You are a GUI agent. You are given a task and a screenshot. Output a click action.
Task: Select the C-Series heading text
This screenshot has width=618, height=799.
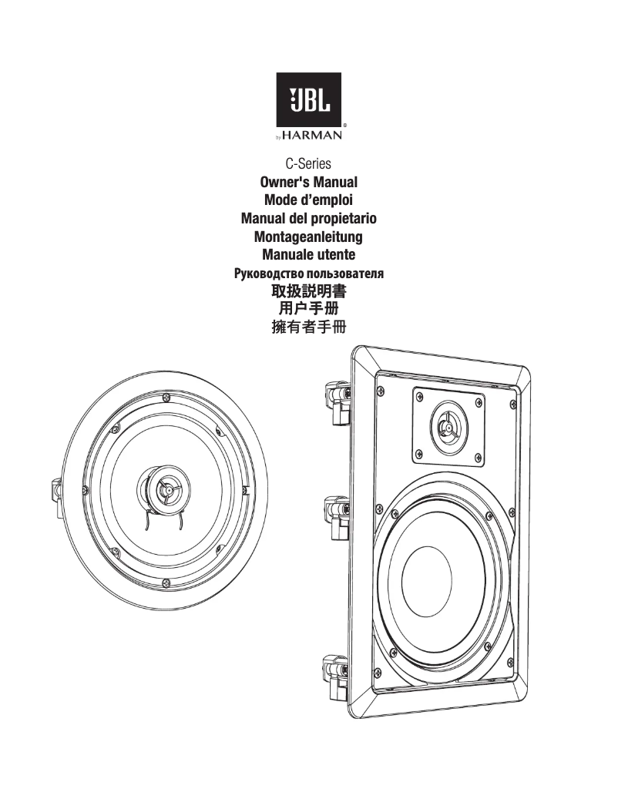coord(308,164)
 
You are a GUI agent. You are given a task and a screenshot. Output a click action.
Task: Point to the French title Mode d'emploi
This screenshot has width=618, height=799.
coord(308,200)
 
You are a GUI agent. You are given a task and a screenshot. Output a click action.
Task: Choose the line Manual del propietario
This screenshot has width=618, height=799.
coord(308,219)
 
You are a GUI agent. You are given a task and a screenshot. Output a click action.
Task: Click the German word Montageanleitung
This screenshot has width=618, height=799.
coord(308,237)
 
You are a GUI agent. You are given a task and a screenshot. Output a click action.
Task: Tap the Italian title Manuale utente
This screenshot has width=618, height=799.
coord(308,255)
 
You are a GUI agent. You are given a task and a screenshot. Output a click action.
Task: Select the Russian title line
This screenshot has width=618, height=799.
coord(308,274)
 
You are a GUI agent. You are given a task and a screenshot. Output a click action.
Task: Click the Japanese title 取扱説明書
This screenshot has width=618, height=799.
coord(308,292)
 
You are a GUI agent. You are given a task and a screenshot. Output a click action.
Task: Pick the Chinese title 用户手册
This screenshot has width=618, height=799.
coord(308,310)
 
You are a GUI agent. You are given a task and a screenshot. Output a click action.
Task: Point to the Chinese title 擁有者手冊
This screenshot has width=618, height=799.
coord(308,328)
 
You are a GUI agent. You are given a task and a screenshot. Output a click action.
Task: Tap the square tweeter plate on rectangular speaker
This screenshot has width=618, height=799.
coord(448,425)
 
